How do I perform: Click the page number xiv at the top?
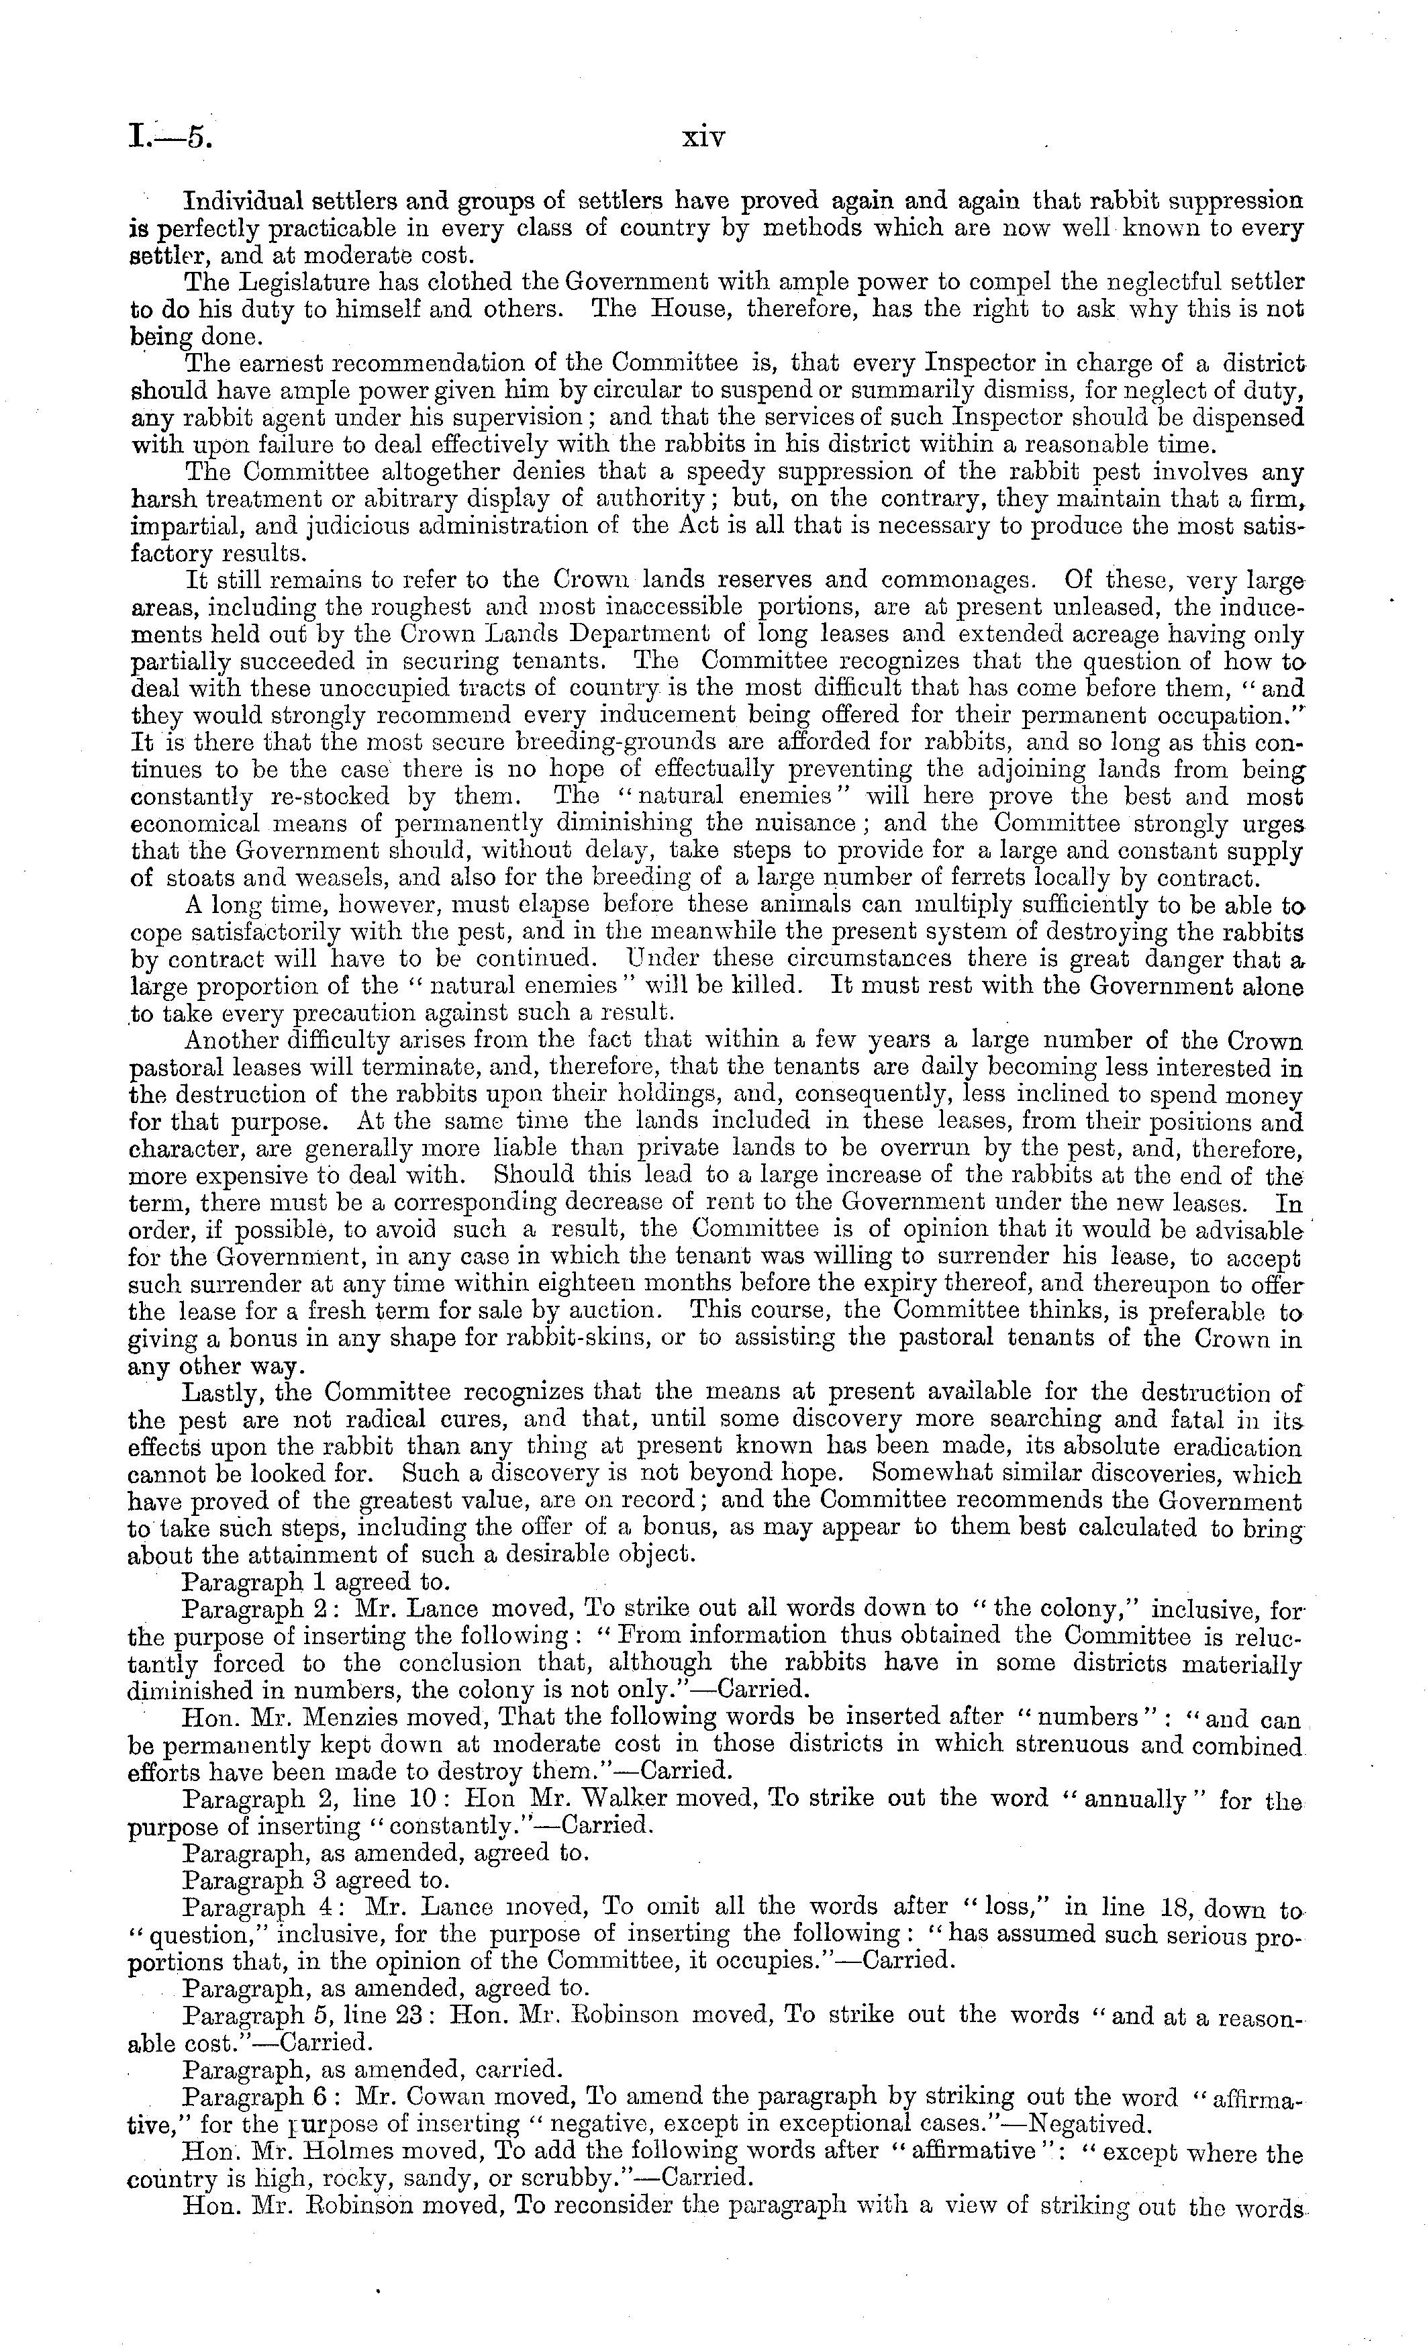[x=704, y=139]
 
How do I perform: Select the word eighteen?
[x=631, y=1284]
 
